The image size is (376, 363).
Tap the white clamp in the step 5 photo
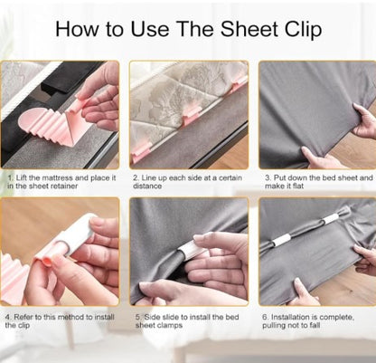click(x=193, y=250)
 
